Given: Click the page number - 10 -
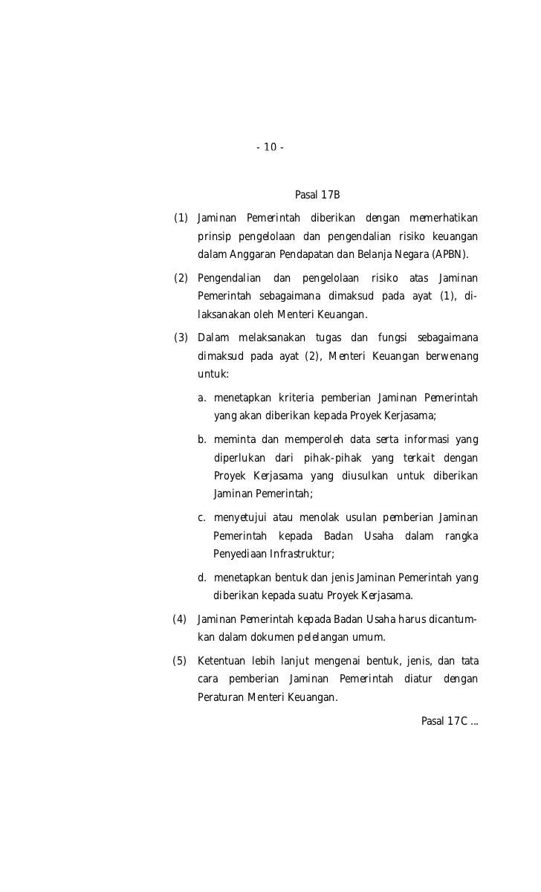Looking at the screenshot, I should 270,147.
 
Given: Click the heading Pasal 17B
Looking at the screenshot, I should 317,195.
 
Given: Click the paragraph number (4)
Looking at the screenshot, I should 180,619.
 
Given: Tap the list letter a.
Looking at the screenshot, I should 202,397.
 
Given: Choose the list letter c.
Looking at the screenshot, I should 202,517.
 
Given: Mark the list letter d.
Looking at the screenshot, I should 202,578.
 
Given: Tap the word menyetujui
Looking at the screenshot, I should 240,517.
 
